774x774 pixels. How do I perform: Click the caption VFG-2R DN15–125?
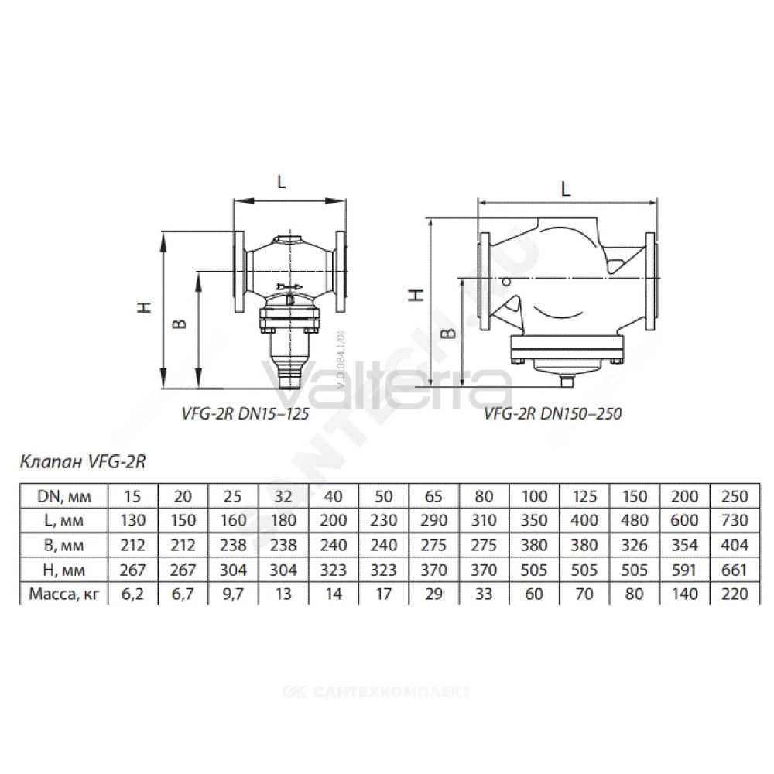tap(245, 413)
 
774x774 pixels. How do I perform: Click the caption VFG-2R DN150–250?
tap(553, 413)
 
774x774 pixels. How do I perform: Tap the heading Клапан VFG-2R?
tap(83, 461)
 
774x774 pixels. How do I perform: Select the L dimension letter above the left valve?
tap(282, 182)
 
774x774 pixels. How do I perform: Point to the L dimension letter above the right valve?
tap(566, 189)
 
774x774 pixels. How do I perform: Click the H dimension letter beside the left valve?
tap(144, 307)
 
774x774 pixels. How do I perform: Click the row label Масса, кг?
tap(63, 594)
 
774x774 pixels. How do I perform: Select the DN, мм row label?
tap(64, 496)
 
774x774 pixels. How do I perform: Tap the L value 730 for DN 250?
tap(735, 520)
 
